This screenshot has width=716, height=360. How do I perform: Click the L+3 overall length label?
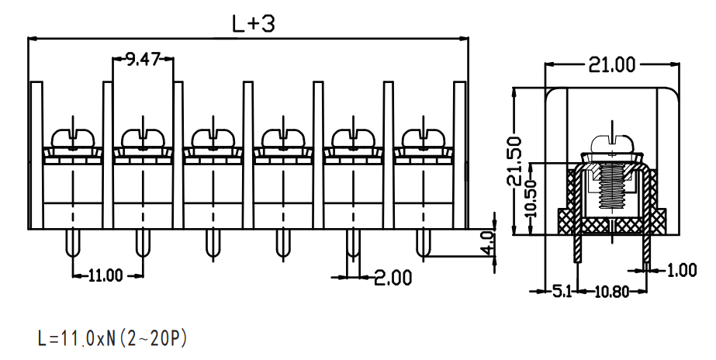(x=254, y=24)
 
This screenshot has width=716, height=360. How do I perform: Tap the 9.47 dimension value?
(x=143, y=59)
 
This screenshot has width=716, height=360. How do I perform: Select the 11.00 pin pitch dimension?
(x=105, y=275)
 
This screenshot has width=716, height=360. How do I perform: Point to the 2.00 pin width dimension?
(x=393, y=277)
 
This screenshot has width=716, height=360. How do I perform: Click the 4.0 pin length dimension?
(x=489, y=243)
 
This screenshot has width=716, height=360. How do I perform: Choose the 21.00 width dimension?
(x=611, y=65)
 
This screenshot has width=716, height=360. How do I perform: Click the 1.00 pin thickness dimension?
(x=682, y=271)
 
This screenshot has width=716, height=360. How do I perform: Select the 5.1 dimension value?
(x=562, y=291)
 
